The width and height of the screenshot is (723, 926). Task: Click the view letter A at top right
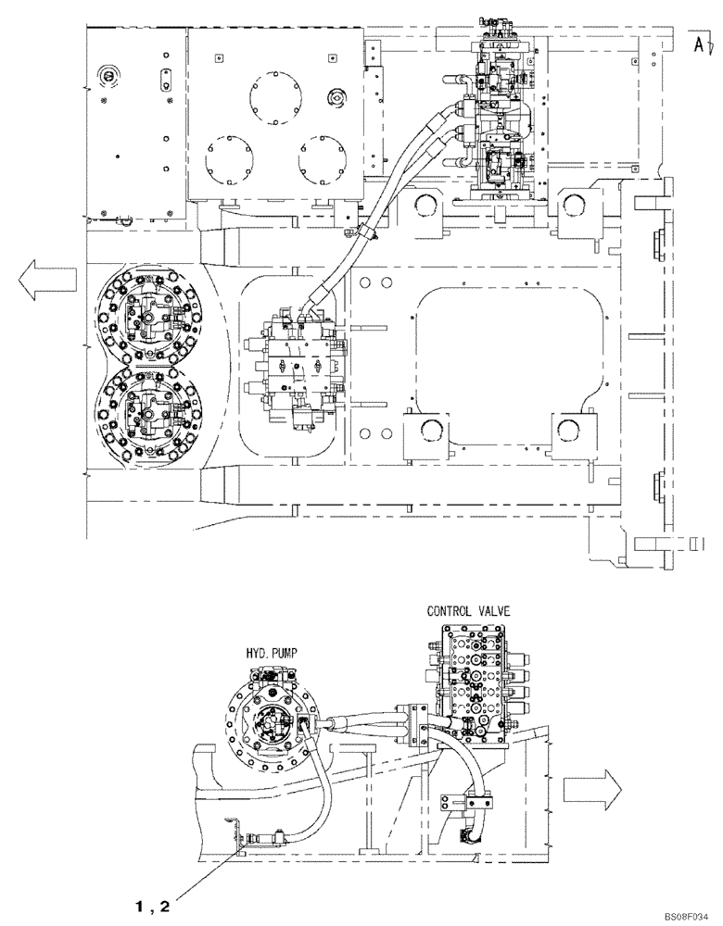coord(696,41)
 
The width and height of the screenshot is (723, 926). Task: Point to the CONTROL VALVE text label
coord(470,612)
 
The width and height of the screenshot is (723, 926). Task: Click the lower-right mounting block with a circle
coord(572,433)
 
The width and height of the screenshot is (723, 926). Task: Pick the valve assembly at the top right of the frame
coord(501,116)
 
